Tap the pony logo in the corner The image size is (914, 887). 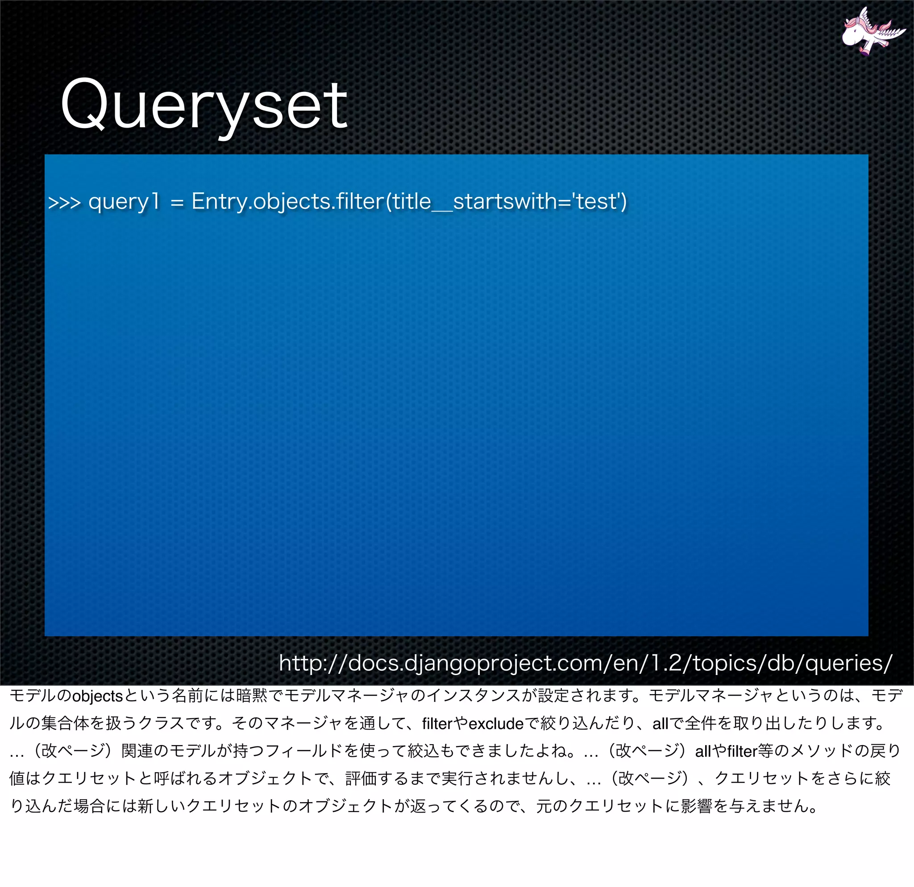pyautogui.click(x=872, y=32)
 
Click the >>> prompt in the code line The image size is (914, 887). pyautogui.click(x=64, y=202)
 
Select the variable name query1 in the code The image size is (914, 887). pyautogui.click(x=124, y=202)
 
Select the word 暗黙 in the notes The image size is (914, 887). pyautogui.click(x=252, y=696)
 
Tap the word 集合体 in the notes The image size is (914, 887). pyautogui.click(x=65, y=723)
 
